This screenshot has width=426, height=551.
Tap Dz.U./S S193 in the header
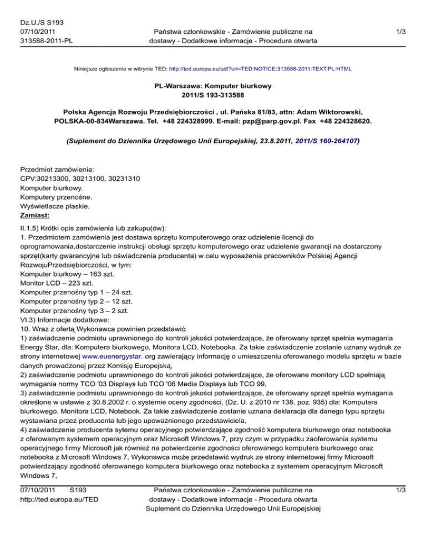click(x=41, y=22)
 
